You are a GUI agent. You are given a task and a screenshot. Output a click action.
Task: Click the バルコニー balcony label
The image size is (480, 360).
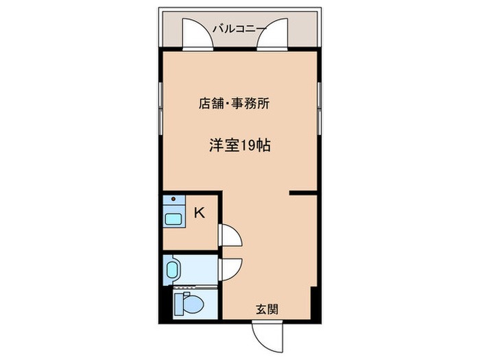(x=240, y=29)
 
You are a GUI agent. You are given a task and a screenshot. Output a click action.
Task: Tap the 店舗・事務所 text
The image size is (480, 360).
(x=235, y=104)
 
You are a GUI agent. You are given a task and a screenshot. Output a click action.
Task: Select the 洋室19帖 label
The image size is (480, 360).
(x=240, y=145)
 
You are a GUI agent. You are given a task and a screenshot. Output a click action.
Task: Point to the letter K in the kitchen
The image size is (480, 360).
(x=200, y=213)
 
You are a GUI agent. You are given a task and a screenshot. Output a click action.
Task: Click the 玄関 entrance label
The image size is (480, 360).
(x=267, y=309)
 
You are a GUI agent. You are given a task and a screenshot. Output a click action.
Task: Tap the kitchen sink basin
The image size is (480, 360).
(x=173, y=219)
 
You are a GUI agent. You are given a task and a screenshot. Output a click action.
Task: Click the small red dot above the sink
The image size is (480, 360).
(x=173, y=199)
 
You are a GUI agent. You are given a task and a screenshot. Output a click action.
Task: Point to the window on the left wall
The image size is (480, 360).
(x=160, y=108)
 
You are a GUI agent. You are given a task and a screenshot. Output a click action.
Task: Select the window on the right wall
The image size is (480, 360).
(x=320, y=108)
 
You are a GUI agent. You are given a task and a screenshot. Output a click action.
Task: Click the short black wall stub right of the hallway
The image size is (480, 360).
(x=303, y=193)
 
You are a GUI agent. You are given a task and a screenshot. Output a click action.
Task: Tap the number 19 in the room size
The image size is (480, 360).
(x=248, y=145)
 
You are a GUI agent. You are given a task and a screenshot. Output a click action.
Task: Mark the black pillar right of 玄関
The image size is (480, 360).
(x=314, y=303)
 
